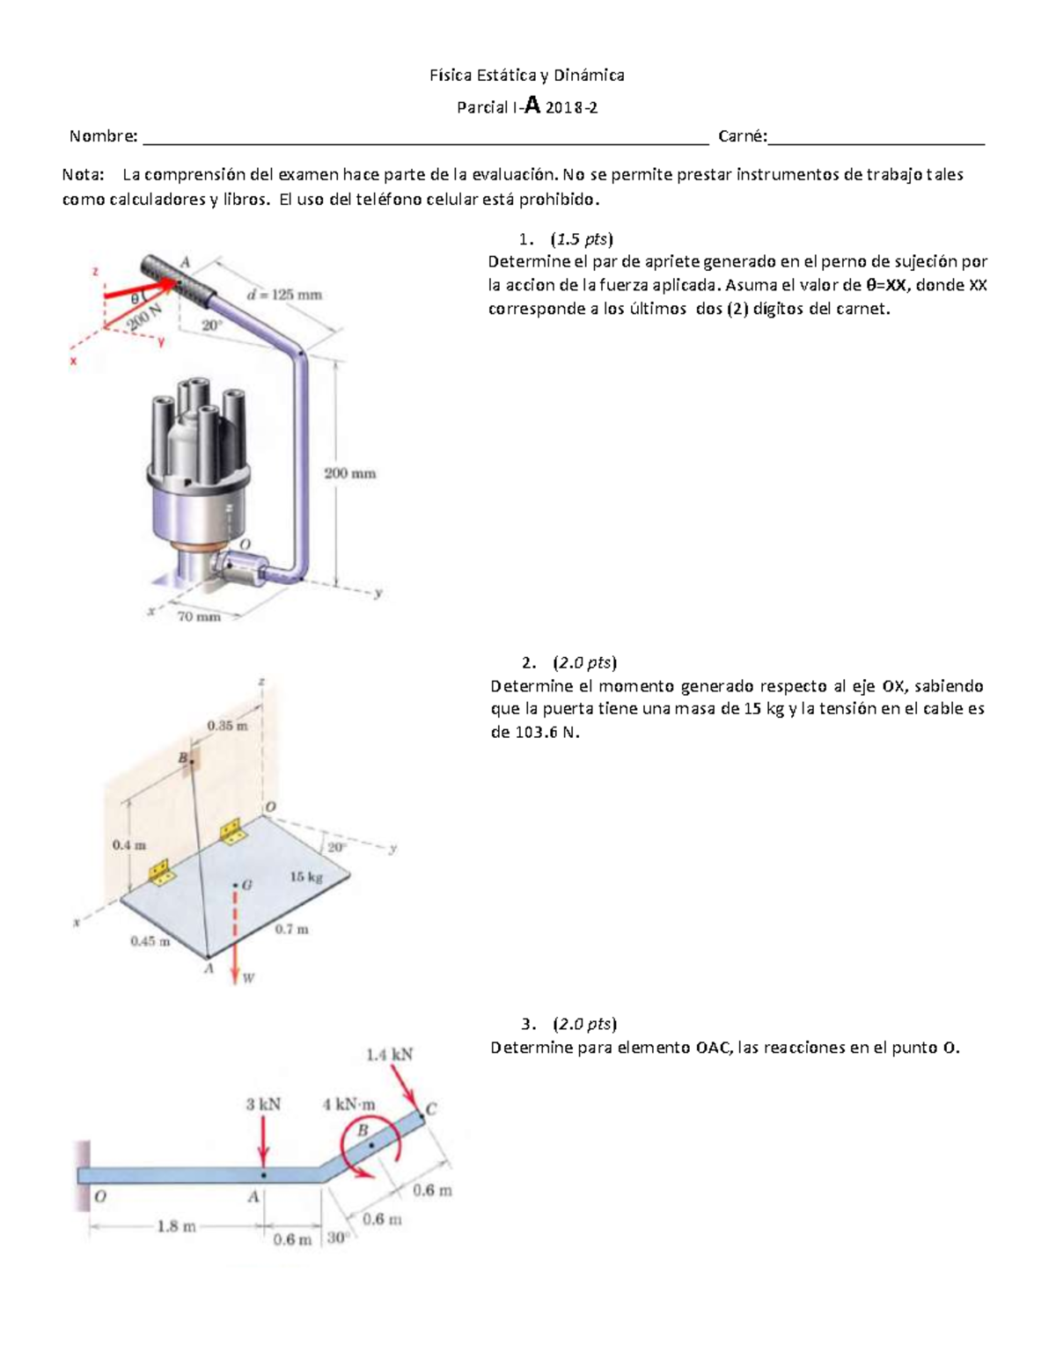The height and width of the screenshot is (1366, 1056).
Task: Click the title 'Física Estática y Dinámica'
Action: [x=526, y=76]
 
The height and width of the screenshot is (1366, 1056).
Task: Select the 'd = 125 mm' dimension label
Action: [x=284, y=295]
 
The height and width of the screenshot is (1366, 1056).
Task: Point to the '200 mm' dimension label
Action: [x=349, y=473]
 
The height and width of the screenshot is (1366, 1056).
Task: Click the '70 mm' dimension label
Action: [x=199, y=617]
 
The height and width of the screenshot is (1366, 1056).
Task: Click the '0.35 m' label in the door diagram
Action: [x=227, y=726]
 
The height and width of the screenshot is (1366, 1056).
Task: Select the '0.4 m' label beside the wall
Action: [x=129, y=844]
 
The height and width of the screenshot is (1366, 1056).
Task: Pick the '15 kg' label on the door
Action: [x=306, y=877]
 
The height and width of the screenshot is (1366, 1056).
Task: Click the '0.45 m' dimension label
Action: [x=150, y=940]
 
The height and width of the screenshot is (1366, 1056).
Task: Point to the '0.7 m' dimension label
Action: [x=291, y=929]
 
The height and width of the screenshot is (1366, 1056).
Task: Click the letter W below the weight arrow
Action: [x=249, y=978]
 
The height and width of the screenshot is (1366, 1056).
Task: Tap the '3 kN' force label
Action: [x=262, y=1105]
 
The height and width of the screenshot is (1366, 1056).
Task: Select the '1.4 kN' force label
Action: [x=389, y=1055]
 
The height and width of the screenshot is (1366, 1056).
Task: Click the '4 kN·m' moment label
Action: [x=349, y=1105]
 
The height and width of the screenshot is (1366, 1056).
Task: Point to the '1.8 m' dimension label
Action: [x=176, y=1226]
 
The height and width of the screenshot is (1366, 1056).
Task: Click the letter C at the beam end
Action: [x=431, y=1109]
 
